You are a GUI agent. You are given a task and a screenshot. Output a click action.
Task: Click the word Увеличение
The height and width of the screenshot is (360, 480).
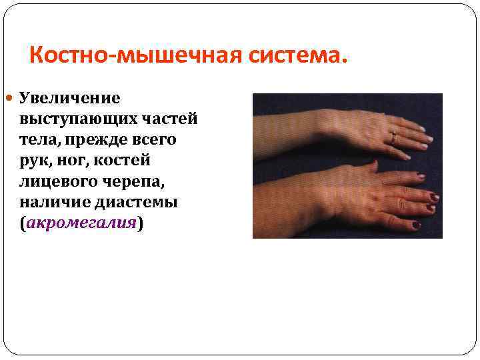point(69,98)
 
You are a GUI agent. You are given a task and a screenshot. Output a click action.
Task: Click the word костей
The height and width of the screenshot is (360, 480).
point(134,161)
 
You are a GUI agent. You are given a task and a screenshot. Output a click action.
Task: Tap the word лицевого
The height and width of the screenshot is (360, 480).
point(53,181)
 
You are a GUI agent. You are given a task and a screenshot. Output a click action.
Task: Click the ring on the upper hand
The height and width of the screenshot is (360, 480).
point(393,139)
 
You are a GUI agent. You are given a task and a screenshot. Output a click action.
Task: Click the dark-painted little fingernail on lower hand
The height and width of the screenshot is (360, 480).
point(417,225)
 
